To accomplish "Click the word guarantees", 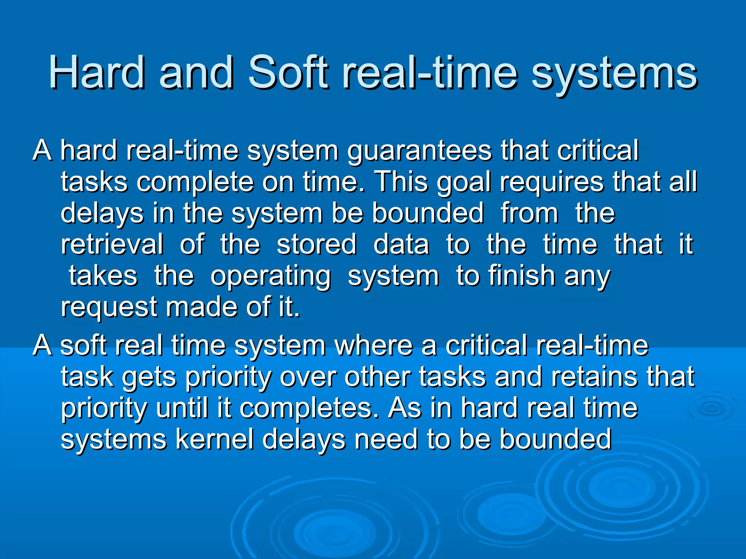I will (419, 151).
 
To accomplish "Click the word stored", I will (317, 244).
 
